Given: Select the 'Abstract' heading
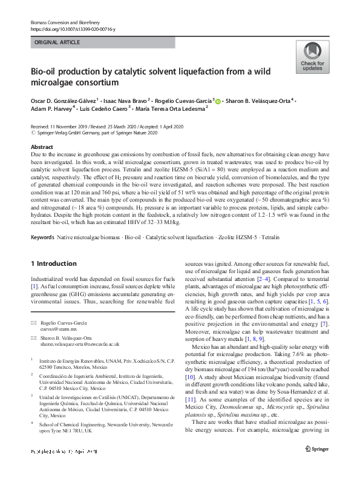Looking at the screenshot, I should (42, 147).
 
